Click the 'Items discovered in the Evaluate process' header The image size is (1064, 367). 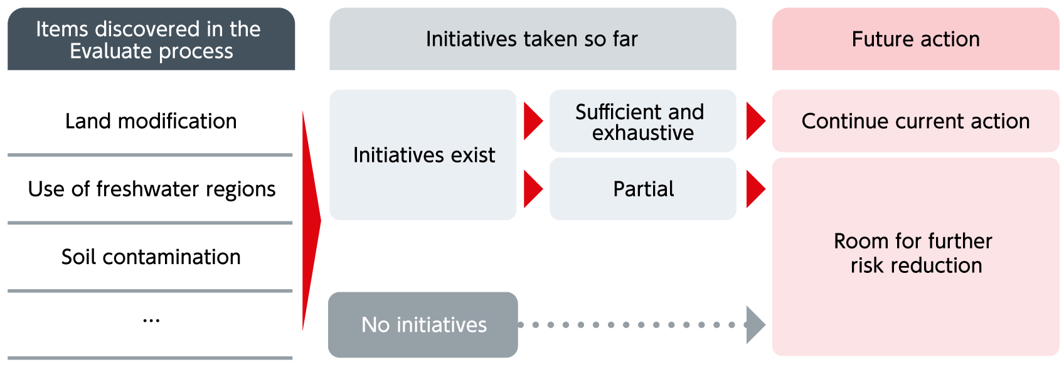151,39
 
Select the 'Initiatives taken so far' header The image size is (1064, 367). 533,39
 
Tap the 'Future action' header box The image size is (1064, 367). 915,39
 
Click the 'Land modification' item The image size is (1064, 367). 151,121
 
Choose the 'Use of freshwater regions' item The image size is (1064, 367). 152,189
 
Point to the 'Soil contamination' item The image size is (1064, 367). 151,257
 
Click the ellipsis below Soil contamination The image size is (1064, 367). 151,321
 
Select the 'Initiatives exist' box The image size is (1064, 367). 423,155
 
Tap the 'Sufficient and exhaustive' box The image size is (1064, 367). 642,121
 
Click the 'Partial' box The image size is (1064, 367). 642,189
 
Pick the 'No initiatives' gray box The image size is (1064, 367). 423,325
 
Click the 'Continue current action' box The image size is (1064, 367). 915,121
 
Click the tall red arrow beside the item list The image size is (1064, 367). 311,221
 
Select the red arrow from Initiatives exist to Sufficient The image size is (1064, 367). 533,121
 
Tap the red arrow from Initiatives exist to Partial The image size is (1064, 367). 533,189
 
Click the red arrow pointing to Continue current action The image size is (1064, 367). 756,121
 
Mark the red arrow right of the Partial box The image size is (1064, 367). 756,189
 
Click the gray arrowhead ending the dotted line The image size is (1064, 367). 756,325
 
